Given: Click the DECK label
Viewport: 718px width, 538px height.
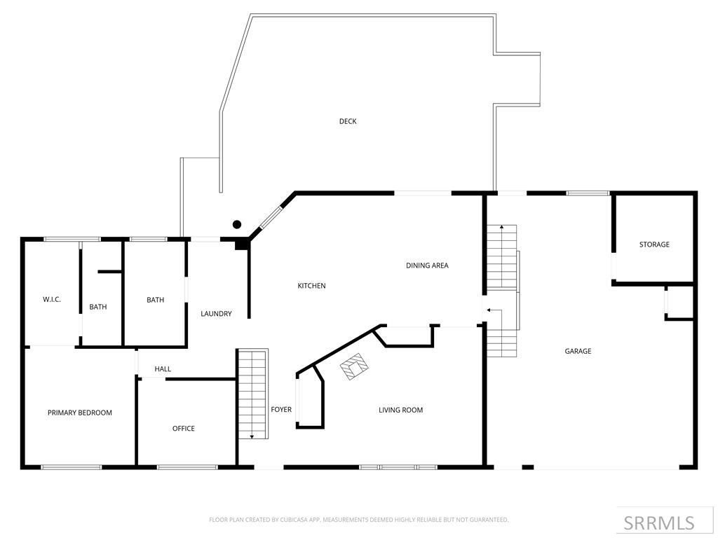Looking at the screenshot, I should (x=348, y=121).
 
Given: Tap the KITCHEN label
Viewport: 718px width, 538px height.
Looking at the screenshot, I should (x=311, y=286).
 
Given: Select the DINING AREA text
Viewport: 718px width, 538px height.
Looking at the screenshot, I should (x=426, y=265).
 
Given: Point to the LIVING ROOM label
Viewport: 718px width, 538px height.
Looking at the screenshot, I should (x=400, y=411).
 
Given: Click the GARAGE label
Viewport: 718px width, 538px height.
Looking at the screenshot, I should (x=578, y=351).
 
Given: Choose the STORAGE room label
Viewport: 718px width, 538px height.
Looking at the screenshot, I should (x=653, y=244).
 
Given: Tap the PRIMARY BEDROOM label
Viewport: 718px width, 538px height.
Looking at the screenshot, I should (x=79, y=413).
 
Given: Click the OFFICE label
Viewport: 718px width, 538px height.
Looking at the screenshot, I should (x=184, y=429).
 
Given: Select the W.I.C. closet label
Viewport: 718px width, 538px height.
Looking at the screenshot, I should (x=52, y=300).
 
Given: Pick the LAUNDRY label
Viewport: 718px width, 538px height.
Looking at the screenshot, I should (x=216, y=314).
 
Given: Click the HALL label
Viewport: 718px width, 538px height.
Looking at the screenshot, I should (x=163, y=369).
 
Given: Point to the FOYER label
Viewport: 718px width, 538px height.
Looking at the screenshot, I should (x=281, y=410).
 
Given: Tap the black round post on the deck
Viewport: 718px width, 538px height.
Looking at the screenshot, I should (x=237, y=224).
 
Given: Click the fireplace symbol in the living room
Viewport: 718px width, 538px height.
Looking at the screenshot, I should (x=354, y=366).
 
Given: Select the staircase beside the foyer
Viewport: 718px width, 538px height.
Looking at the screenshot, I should (x=252, y=394).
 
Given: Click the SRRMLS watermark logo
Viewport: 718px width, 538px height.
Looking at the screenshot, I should (x=658, y=523).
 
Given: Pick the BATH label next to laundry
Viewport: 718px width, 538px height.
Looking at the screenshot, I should (x=155, y=300).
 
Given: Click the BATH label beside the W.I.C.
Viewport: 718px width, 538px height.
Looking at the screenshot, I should (x=98, y=307).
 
